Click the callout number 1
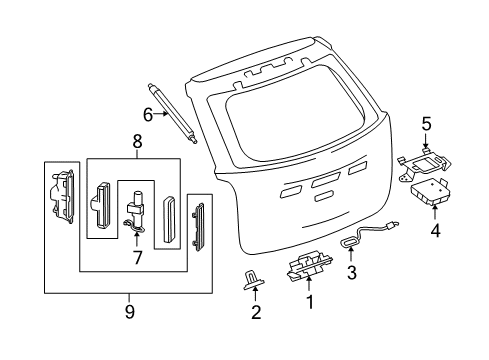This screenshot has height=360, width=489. click(x=309, y=327)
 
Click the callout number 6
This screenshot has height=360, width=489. click(x=147, y=114)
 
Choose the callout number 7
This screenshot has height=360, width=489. click(x=138, y=258)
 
